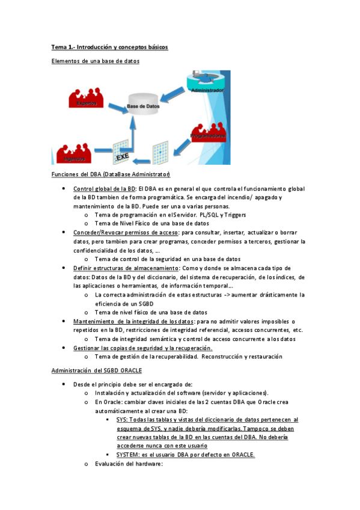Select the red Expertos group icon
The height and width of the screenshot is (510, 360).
coord(85,99)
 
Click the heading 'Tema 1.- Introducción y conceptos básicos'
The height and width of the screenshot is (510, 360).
coord(109,46)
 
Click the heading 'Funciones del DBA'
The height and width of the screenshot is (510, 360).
coord(111,175)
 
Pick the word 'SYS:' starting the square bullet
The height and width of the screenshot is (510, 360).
coord(122,420)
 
